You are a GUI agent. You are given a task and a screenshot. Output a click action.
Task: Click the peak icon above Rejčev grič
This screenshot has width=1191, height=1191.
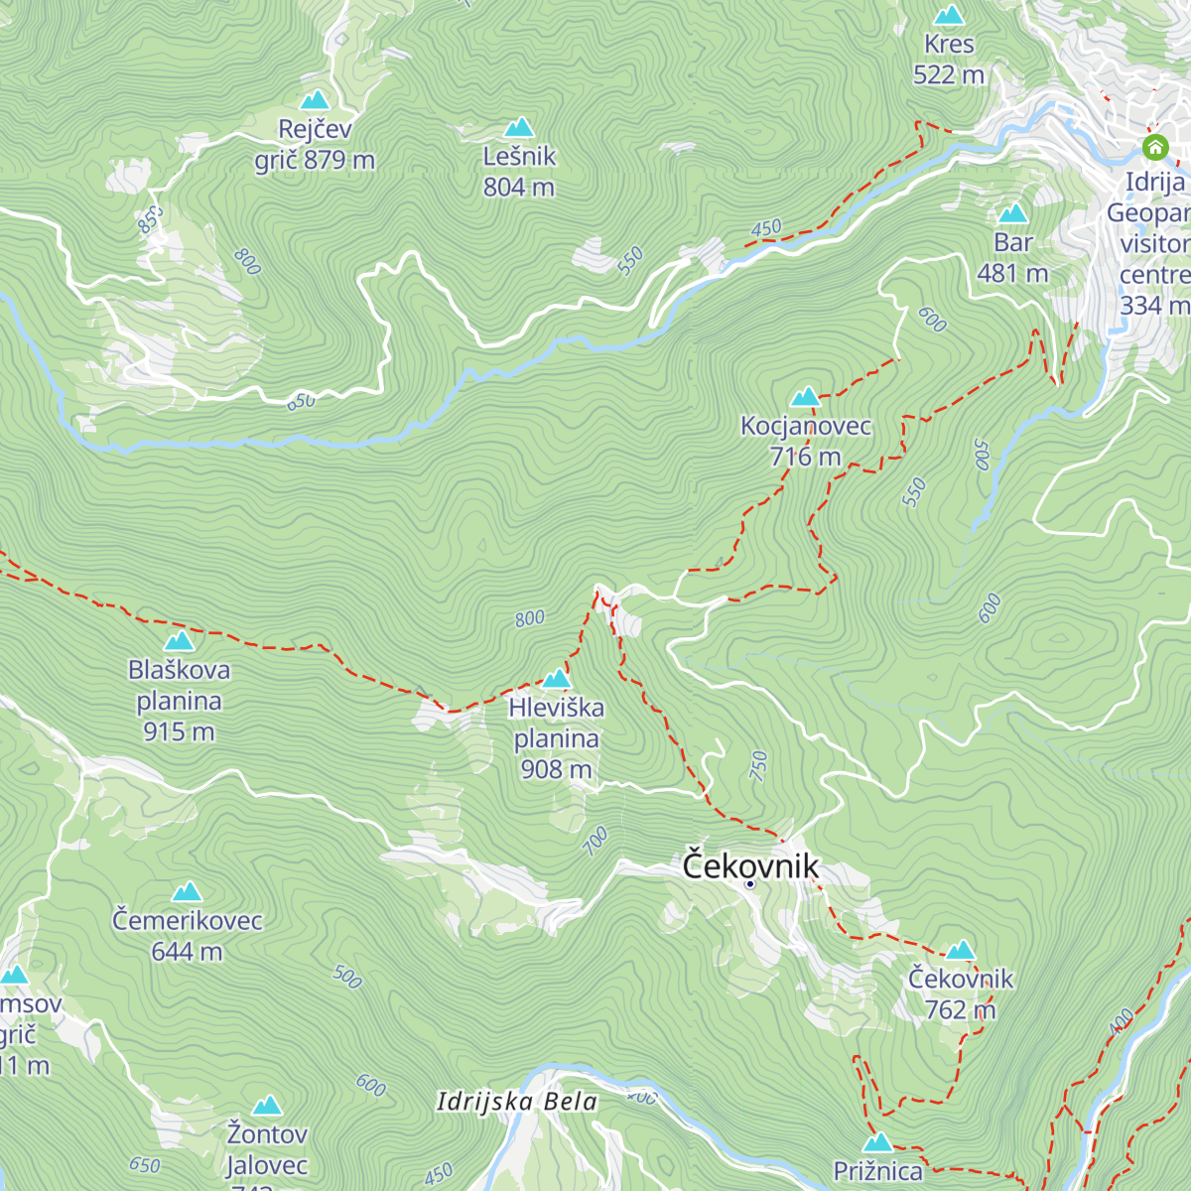point(315,100)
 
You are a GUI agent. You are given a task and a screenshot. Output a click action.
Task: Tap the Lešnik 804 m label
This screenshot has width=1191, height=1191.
point(519,172)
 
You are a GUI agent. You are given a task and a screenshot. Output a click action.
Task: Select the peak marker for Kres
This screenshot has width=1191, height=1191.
point(949,16)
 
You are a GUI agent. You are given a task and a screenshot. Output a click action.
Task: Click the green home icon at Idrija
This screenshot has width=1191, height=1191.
point(1154,148)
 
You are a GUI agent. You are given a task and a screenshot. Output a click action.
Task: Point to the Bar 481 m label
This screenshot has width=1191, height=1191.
point(1012,257)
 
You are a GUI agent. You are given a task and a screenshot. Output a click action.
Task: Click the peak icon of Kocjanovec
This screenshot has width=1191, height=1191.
point(805,397)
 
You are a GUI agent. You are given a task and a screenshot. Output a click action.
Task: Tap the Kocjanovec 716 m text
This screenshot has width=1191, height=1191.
point(805,442)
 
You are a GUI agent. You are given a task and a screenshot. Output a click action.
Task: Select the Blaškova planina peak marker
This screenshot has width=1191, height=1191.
point(179,641)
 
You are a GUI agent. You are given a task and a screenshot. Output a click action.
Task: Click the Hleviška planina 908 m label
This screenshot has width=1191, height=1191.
point(556,738)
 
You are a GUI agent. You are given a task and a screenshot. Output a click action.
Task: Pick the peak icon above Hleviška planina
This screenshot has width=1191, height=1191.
point(556,679)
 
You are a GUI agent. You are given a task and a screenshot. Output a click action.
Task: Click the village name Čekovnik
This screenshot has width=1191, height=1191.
point(750,865)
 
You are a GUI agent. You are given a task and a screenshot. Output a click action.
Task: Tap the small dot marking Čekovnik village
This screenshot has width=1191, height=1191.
point(750,884)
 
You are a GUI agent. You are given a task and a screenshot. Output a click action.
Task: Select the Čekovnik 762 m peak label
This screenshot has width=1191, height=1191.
point(960,993)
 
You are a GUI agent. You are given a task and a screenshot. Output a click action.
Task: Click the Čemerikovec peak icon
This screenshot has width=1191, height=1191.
point(187,892)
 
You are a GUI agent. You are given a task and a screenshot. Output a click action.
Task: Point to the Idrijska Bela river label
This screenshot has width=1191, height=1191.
point(517,1102)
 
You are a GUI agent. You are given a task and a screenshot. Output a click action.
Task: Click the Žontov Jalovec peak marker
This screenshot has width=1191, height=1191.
point(266,1106)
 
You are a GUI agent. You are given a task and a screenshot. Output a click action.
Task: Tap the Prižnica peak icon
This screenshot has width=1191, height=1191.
point(878,1141)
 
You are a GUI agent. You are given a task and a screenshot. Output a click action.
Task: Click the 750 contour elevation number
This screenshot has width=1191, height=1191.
point(759,765)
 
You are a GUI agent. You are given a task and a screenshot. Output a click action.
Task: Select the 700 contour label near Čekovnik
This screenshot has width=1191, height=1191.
point(595,842)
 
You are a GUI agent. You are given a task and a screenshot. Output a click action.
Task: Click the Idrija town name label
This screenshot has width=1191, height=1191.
point(1154,182)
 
